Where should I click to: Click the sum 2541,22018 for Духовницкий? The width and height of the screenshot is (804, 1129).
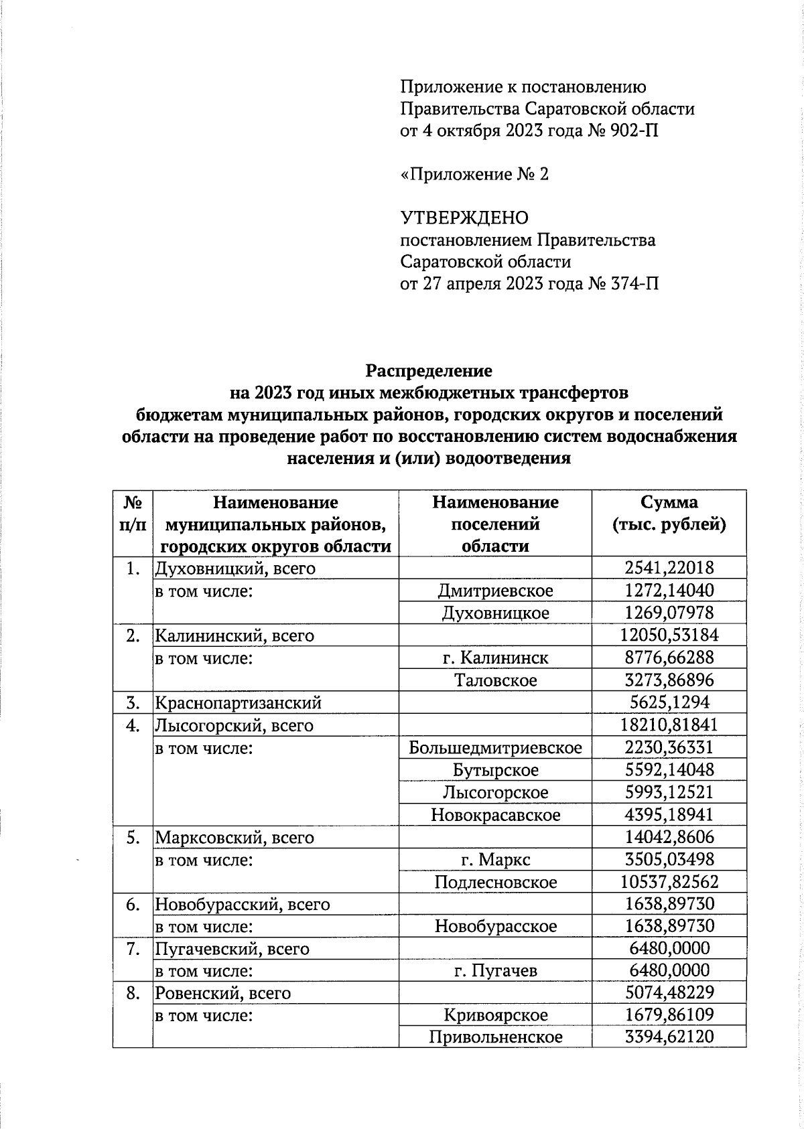(x=669, y=568)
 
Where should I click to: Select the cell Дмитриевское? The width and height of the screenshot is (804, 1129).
(x=495, y=591)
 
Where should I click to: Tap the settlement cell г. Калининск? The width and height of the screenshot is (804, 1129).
(x=495, y=658)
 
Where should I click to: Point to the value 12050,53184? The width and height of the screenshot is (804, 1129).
(x=669, y=635)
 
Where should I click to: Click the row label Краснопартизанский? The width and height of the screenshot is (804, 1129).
(x=239, y=702)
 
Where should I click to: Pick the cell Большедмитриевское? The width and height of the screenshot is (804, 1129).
(x=495, y=747)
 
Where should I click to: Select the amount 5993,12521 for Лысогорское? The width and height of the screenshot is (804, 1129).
(x=669, y=792)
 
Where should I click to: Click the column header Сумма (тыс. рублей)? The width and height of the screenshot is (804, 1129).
(x=669, y=513)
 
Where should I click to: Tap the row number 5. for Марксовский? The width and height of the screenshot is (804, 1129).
(x=133, y=837)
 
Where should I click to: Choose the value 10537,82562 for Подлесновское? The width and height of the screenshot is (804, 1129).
(x=669, y=882)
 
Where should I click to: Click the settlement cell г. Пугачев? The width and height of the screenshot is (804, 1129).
(x=495, y=971)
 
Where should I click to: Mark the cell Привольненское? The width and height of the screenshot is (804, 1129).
(x=495, y=1037)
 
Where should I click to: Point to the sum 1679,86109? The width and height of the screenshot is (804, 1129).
(x=669, y=1015)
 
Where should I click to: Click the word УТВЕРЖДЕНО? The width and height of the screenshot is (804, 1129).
(x=464, y=218)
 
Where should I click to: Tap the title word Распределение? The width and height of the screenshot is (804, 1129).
(x=429, y=370)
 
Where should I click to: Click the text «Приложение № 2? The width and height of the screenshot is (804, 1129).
(x=474, y=174)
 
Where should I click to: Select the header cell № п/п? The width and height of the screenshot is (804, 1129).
(x=133, y=513)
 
